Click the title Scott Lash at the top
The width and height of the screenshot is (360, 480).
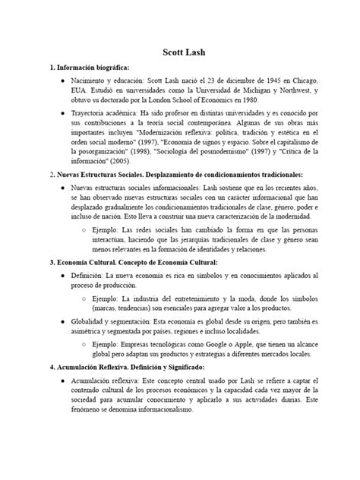(x=180, y=54)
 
